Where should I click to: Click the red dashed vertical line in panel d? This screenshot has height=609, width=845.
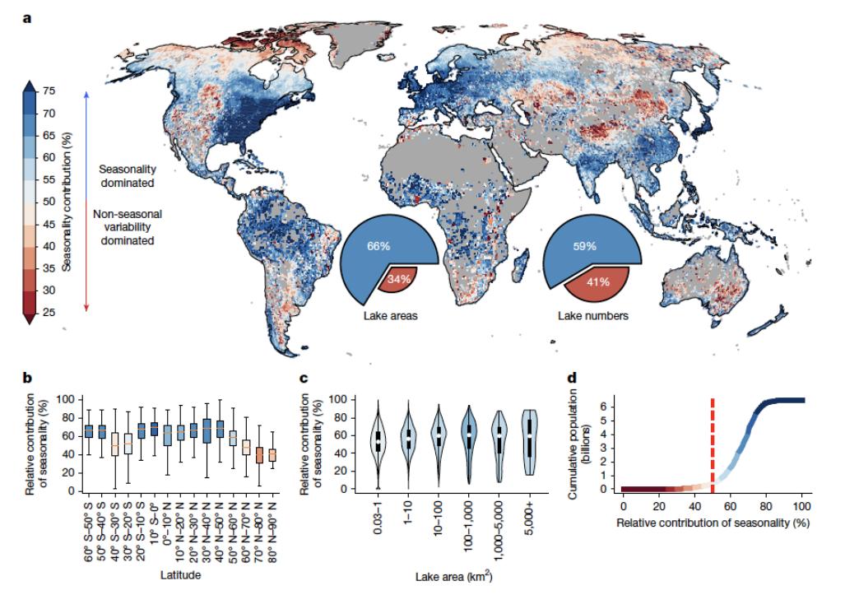coord(713,433)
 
